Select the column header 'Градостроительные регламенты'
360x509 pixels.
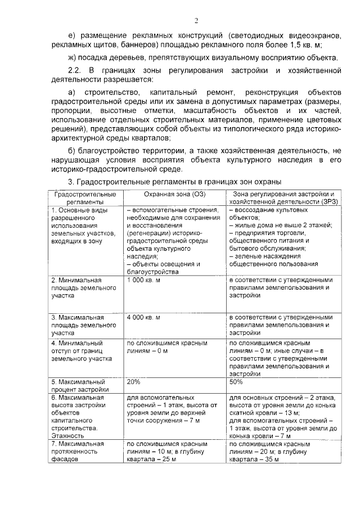point(85,198)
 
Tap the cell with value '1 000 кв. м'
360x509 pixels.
point(144,280)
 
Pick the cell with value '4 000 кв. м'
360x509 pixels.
point(144,317)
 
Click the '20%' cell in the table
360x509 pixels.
point(134,381)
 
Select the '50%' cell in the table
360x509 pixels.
point(236,381)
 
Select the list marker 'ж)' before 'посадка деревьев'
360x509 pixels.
point(71,58)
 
